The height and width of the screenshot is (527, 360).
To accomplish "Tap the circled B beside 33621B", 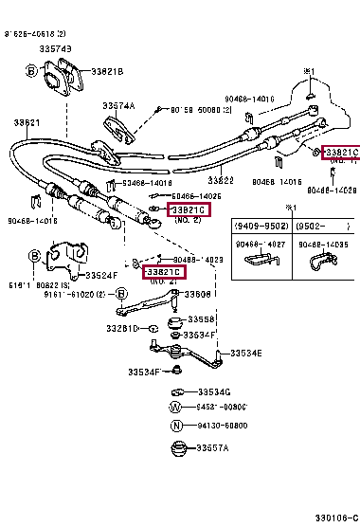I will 31,71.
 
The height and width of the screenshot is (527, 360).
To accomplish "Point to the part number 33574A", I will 119,105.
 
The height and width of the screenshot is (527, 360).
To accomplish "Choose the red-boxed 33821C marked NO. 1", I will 341,153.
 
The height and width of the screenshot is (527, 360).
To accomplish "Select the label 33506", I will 197,295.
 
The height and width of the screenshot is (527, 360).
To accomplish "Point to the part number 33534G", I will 213,391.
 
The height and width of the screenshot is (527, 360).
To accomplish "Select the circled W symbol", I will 174,408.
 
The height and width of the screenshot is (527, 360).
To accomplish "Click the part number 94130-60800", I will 223,426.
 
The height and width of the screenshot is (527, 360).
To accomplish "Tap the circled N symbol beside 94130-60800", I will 174,426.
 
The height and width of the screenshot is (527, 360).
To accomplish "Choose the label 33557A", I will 213,447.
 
